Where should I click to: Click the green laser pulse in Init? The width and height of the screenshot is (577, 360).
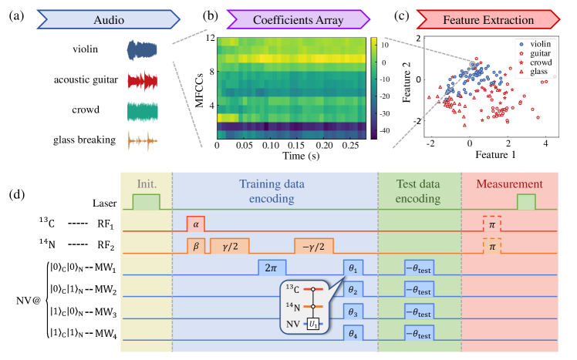tap(147, 202)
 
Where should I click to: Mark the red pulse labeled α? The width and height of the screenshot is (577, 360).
tap(195, 224)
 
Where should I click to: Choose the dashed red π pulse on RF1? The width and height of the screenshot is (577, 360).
tap(491, 224)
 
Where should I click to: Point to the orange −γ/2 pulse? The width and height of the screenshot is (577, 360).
tap(314, 246)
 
